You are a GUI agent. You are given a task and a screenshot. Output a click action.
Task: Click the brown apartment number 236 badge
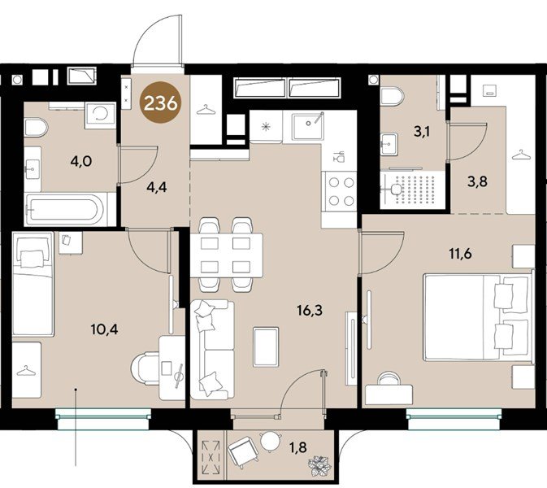coord(161,102)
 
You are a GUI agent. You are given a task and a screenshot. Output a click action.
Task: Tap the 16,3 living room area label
coord(310,310)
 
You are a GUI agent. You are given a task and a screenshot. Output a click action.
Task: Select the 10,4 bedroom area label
coord(104,329)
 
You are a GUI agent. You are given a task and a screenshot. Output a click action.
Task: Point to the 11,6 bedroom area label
coord(461,254)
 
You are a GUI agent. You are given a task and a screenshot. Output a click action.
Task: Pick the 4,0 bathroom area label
coord(81,161)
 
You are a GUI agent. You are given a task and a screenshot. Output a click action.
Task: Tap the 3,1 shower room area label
coord(421,132)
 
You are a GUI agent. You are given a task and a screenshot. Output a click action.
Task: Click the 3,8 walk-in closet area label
coord(478,181)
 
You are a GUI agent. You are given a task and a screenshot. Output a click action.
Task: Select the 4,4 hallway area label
coord(157,187)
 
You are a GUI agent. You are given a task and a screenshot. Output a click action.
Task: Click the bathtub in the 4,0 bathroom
coord(65,209)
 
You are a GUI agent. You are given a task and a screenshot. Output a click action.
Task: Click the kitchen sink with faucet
coord(308,126)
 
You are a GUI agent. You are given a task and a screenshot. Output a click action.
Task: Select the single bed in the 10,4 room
coord(33,284)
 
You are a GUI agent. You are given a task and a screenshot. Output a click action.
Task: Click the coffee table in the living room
coord(266,347)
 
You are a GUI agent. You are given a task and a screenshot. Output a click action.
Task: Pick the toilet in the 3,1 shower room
coord(392,96)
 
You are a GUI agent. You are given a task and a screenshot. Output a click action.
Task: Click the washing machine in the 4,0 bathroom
coord(100,114)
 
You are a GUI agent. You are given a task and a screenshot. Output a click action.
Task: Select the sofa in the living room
coord(212,350)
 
